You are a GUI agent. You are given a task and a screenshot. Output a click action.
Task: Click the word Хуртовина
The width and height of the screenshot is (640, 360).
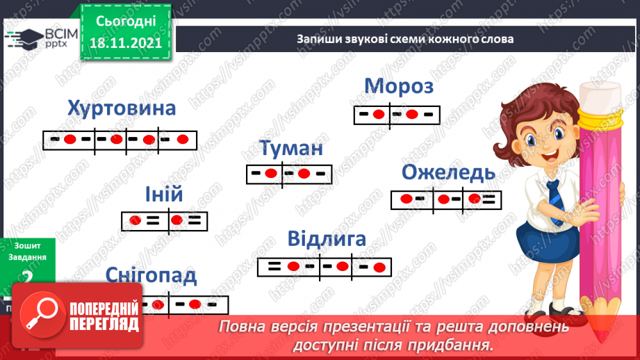[x=122, y=109]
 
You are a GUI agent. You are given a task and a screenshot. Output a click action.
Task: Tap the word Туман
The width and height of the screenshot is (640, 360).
[x=292, y=149]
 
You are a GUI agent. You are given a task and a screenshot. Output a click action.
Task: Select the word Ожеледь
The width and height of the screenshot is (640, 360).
[x=449, y=172]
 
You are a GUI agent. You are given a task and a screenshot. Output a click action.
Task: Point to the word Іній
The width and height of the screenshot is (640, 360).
[x=164, y=195]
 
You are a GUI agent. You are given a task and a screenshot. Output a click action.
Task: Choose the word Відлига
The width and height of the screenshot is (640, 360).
[x=327, y=240]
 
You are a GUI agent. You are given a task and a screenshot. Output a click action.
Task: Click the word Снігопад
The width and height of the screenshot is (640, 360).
[x=151, y=275]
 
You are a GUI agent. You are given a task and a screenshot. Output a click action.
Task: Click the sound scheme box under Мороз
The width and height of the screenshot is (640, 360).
[x=397, y=115]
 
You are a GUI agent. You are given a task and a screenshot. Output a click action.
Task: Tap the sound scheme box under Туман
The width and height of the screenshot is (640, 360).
[x=289, y=174]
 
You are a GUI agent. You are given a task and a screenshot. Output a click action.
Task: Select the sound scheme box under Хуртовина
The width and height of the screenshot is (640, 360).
[x=120, y=140]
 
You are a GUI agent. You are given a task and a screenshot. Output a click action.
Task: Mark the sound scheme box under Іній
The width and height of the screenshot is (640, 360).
[x=164, y=221]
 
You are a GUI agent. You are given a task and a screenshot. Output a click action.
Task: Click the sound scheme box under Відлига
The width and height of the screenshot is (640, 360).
[x=323, y=266]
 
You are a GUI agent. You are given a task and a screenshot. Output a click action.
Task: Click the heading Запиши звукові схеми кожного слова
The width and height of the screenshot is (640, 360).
[x=405, y=39]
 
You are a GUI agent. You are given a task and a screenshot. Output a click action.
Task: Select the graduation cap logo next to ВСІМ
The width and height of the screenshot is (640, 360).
[x=22, y=38]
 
